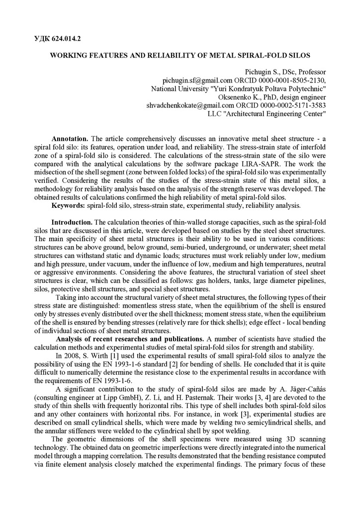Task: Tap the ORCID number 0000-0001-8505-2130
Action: click(x=289, y=80)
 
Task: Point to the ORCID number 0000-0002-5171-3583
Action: click(x=289, y=105)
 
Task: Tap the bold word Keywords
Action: click(x=68, y=206)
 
